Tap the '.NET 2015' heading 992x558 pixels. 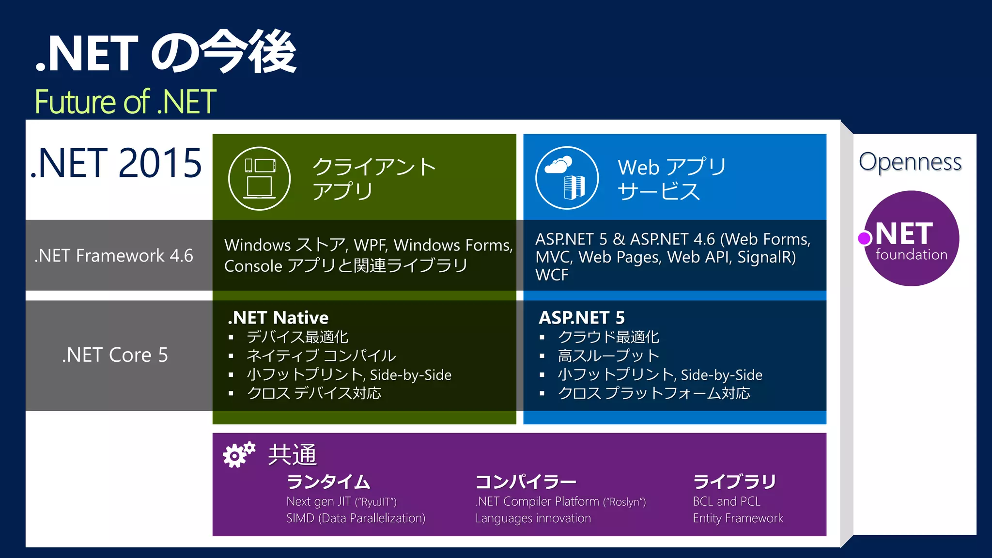click(116, 163)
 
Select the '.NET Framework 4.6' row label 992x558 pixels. click(114, 255)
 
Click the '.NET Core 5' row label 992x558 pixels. click(115, 355)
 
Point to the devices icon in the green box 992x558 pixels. click(260, 178)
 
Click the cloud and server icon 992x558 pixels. click(566, 178)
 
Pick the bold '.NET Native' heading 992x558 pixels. click(278, 318)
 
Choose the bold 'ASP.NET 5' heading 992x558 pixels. click(582, 318)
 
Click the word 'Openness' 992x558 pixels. click(910, 162)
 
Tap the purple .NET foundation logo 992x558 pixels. click(911, 238)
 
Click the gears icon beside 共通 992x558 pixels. click(239, 454)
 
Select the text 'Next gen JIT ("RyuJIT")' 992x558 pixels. click(341, 501)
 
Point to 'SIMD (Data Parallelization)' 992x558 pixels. click(356, 518)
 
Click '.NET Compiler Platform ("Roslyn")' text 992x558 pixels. click(560, 501)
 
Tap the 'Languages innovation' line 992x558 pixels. click(533, 518)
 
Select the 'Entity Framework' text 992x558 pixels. click(738, 518)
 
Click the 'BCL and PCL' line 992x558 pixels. click(727, 501)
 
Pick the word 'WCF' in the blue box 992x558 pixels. click(552, 275)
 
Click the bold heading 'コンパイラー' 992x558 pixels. click(526, 481)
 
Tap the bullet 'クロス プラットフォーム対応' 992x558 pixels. click(654, 393)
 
